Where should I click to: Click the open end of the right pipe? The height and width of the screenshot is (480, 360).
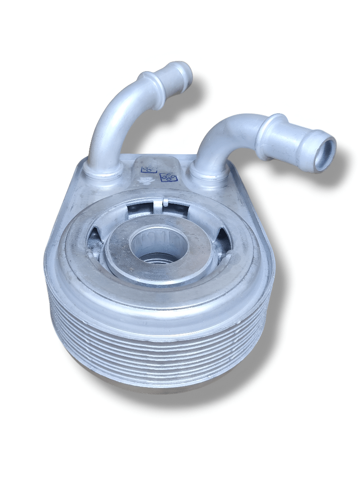point(324,154)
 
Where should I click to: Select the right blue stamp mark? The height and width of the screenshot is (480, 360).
point(169,177)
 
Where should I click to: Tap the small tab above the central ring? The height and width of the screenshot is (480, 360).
point(164,202)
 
